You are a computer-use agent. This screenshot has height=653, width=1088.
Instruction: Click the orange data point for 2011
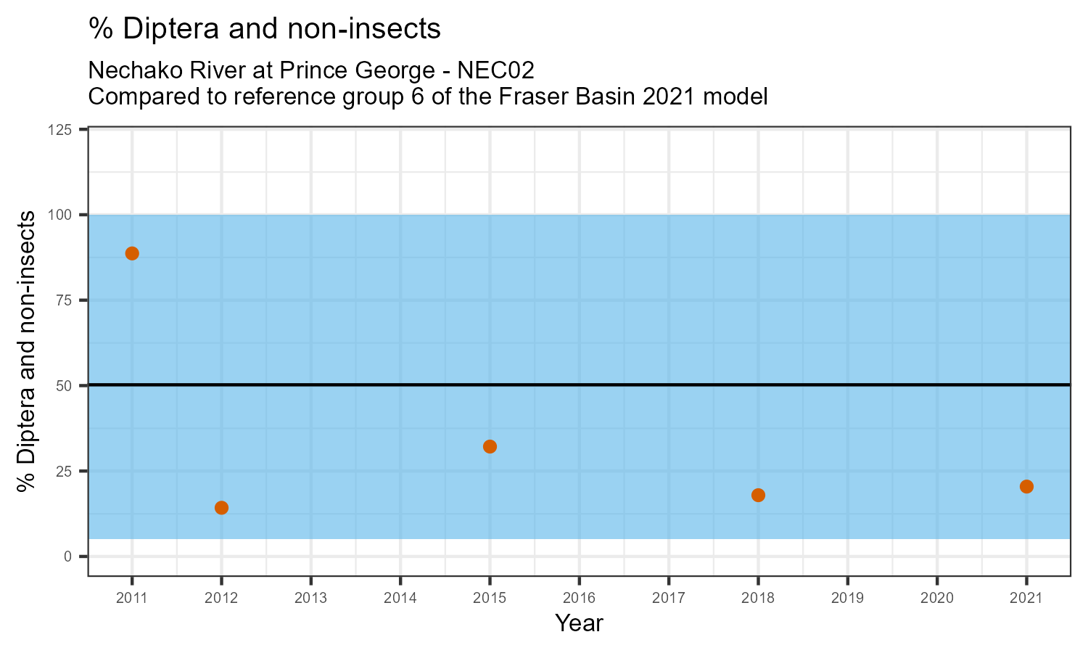click(132, 253)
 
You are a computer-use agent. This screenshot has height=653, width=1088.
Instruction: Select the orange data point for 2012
click(221, 507)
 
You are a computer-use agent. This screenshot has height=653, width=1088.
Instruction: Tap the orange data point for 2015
click(490, 446)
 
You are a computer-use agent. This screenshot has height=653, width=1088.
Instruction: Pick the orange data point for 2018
click(758, 495)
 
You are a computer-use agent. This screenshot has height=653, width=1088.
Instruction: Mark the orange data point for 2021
click(1026, 486)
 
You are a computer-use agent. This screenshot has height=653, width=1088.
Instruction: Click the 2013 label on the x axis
click(310, 599)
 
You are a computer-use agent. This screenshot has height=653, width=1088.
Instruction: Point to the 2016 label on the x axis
click(579, 599)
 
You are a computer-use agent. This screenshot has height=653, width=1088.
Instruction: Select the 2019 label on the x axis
click(847, 599)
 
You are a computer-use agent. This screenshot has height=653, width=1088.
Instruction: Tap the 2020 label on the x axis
click(936, 599)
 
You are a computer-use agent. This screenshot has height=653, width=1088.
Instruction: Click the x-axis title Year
click(579, 623)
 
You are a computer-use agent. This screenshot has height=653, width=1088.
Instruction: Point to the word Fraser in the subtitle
click(527, 96)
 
